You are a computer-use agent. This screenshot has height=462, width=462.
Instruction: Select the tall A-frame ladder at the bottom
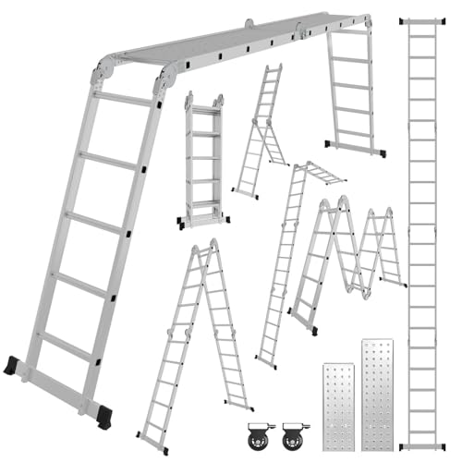coord(194,342)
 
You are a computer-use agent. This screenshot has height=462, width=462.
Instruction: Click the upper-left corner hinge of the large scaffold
coord(103,69)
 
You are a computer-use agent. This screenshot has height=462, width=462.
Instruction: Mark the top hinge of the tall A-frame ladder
coord(199,250)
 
